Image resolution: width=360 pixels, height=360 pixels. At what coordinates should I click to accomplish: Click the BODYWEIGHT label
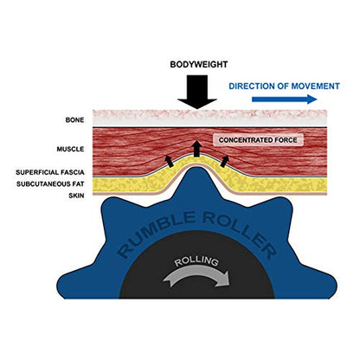[x=199, y=64]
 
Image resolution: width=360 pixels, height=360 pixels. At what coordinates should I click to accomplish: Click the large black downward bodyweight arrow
[x=197, y=92]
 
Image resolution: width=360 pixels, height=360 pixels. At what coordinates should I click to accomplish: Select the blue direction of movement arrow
[x=285, y=100]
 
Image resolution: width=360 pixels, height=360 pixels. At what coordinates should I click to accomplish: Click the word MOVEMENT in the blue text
[x=315, y=87]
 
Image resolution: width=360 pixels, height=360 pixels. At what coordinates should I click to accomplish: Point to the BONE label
[x=74, y=120]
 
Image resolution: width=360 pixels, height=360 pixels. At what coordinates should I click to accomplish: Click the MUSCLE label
[x=70, y=149]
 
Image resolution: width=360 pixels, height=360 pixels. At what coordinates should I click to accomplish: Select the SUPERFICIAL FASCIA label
[x=50, y=172]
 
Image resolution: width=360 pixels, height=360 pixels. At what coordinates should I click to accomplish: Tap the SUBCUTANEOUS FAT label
[x=50, y=184]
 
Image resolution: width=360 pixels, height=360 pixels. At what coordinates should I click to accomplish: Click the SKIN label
[x=76, y=196]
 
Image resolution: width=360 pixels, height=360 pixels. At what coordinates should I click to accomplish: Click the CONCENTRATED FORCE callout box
[x=258, y=140]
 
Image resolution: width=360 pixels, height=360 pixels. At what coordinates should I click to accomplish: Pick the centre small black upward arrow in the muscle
[x=196, y=149]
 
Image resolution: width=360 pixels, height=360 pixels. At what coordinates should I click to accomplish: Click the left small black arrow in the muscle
[x=170, y=161]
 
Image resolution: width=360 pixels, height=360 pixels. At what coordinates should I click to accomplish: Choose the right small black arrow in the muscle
[x=224, y=161]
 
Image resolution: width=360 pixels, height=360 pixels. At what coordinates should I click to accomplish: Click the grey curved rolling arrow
[x=196, y=276]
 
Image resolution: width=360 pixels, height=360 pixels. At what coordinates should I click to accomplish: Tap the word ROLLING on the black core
[x=196, y=260]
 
